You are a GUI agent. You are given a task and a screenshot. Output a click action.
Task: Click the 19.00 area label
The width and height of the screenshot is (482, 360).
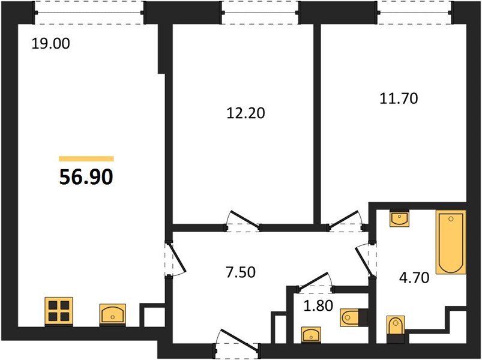50,43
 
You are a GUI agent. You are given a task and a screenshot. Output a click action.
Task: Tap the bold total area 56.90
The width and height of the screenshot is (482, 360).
86,177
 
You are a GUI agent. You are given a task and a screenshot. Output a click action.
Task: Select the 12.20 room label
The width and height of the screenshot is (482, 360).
246,113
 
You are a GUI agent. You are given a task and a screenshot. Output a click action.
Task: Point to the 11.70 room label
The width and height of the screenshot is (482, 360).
399,98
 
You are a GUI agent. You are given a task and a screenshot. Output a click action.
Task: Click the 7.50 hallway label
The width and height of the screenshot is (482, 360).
241,272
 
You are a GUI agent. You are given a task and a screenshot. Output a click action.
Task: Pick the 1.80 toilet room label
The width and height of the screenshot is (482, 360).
318,305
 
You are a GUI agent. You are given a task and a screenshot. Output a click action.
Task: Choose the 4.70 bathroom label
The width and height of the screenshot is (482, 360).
414,278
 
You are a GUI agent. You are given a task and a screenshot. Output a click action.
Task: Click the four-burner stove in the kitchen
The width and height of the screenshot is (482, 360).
59,311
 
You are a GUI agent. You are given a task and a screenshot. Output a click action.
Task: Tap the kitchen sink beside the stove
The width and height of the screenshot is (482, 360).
112,314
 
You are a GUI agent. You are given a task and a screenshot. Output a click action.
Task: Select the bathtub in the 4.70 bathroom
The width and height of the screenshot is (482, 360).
451,242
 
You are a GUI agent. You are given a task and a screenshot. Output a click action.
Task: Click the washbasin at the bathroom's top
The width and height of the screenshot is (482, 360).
399,218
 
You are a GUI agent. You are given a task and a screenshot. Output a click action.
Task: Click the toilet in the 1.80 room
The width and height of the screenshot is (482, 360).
354,317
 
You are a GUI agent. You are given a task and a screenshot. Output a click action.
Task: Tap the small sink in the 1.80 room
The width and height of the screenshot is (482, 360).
311,334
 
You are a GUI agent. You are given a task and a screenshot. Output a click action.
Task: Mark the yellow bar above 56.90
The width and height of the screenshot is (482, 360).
86,158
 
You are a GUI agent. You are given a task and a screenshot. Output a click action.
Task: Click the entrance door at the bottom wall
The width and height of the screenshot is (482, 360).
237,341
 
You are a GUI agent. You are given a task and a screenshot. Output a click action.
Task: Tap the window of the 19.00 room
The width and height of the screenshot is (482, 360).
89,13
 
